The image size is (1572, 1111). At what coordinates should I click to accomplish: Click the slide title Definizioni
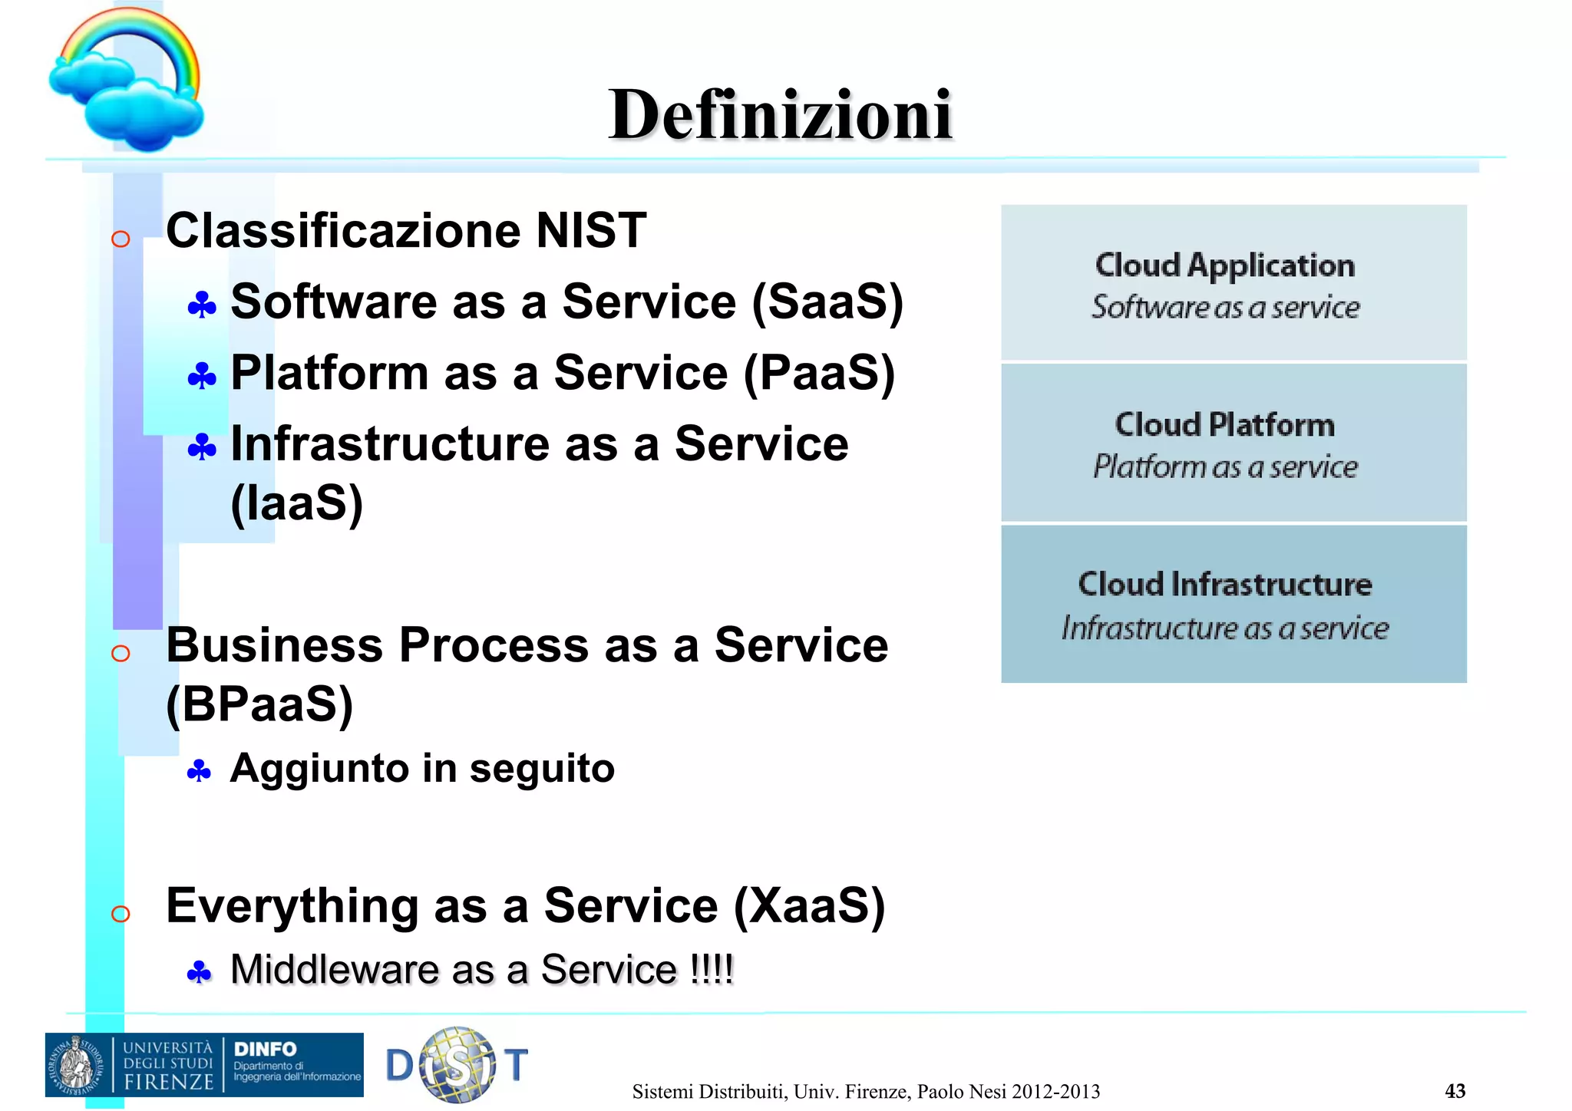[x=780, y=115]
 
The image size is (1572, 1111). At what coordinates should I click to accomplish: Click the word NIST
[x=591, y=230]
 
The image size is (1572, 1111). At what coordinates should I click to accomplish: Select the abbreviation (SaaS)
[x=827, y=302]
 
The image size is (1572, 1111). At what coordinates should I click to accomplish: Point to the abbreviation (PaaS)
[x=819, y=373]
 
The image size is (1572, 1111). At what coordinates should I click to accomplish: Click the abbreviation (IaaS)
[x=296, y=503]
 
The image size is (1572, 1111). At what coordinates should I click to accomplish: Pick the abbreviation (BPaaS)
[x=259, y=704]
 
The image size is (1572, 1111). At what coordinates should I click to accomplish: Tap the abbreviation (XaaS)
[x=809, y=905]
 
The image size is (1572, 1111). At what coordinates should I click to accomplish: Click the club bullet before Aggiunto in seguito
[x=199, y=771]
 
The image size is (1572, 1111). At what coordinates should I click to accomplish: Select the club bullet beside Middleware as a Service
[x=199, y=973]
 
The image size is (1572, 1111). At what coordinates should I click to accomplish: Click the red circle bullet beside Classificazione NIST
[x=121, y=239]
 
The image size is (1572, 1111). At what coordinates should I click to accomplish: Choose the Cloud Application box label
[x=1225, y=265]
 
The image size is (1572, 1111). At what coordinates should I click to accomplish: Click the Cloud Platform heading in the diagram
[x=1225, y=425]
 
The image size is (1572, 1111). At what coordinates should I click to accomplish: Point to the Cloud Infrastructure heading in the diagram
[x=1225, y=585]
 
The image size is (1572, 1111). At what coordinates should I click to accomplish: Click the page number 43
[x=1455, y=1091]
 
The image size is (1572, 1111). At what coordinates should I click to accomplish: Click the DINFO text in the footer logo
[x=265, y=1049]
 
